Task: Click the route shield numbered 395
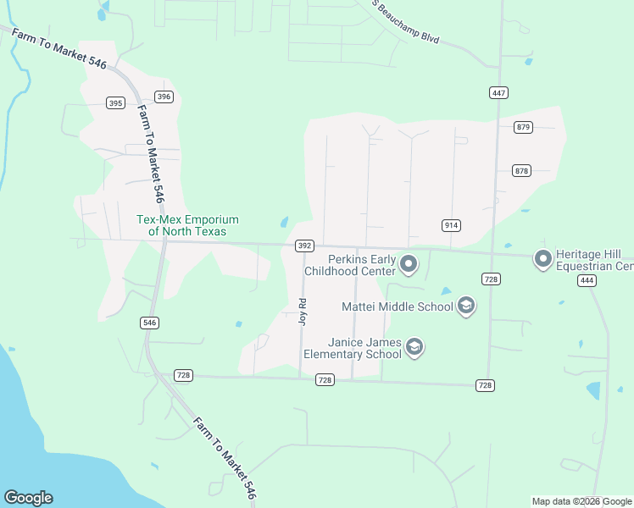(116, 103)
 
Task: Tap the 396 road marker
(164, 97)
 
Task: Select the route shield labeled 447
(498, 92)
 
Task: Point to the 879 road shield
(523, 127)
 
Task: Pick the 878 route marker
(521, 171)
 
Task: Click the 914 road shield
(451, 225)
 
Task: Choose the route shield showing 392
(305, 246)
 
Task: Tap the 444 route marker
(587, 281)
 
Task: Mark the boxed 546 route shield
(150, 323)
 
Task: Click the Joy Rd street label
(302, 312)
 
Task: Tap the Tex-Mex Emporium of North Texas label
(187, 225)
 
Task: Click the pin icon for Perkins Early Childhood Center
(409, 265)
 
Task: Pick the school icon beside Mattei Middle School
(465, 306)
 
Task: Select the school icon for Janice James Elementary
(414, 347)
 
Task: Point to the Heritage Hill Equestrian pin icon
(543, 259)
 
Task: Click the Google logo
(28, 498)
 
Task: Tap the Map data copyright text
(581, 501)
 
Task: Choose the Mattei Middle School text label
(397, 306)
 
